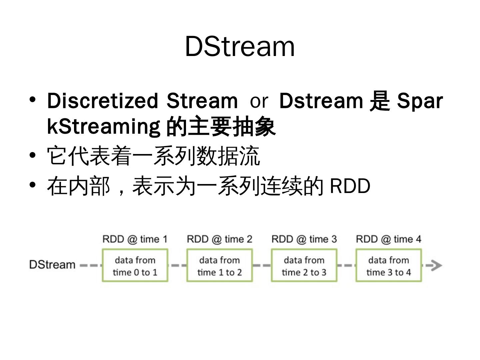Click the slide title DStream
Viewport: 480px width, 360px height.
240,46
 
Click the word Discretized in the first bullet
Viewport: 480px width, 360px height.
102,100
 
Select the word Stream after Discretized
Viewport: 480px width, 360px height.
202,100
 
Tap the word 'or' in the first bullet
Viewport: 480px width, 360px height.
259,101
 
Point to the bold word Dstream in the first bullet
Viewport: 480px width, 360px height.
321,100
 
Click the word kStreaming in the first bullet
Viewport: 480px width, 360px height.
104,126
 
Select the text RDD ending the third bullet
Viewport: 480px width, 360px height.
350,186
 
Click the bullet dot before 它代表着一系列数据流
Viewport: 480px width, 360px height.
32,155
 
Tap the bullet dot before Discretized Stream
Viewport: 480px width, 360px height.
32,100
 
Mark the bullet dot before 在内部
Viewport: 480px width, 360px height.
32,184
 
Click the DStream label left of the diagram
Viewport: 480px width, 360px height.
52,265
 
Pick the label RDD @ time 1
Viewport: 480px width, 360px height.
135,239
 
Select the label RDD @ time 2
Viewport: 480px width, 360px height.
219,239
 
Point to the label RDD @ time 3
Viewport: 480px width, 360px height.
304,239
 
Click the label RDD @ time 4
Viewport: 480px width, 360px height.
388,239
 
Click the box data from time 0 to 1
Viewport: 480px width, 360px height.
135,266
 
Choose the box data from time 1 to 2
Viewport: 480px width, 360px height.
219,266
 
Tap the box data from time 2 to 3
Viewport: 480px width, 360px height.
304,266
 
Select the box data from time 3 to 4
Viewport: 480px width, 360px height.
388,266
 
